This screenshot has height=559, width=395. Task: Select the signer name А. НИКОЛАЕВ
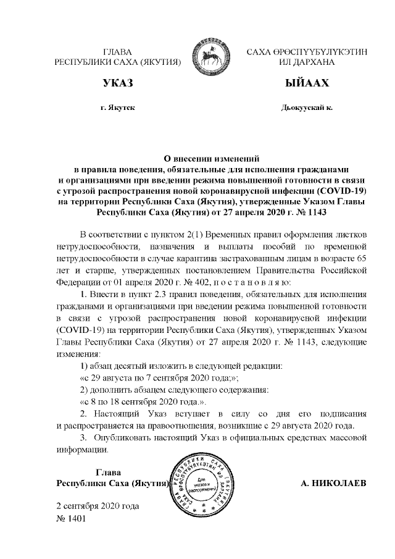[x=333, y=482]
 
